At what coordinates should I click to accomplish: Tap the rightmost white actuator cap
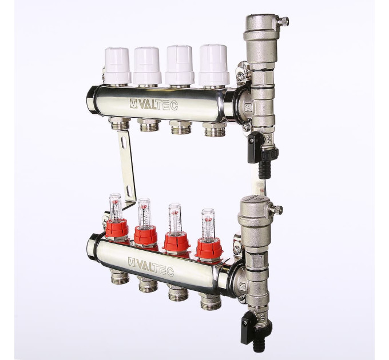coord(213,65)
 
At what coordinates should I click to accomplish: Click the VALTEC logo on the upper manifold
coord(154,105)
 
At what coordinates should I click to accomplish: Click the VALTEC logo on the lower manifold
coord(151,266)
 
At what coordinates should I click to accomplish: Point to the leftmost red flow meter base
coord(118,229)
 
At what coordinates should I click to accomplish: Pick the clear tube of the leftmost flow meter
coord(116,207)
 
